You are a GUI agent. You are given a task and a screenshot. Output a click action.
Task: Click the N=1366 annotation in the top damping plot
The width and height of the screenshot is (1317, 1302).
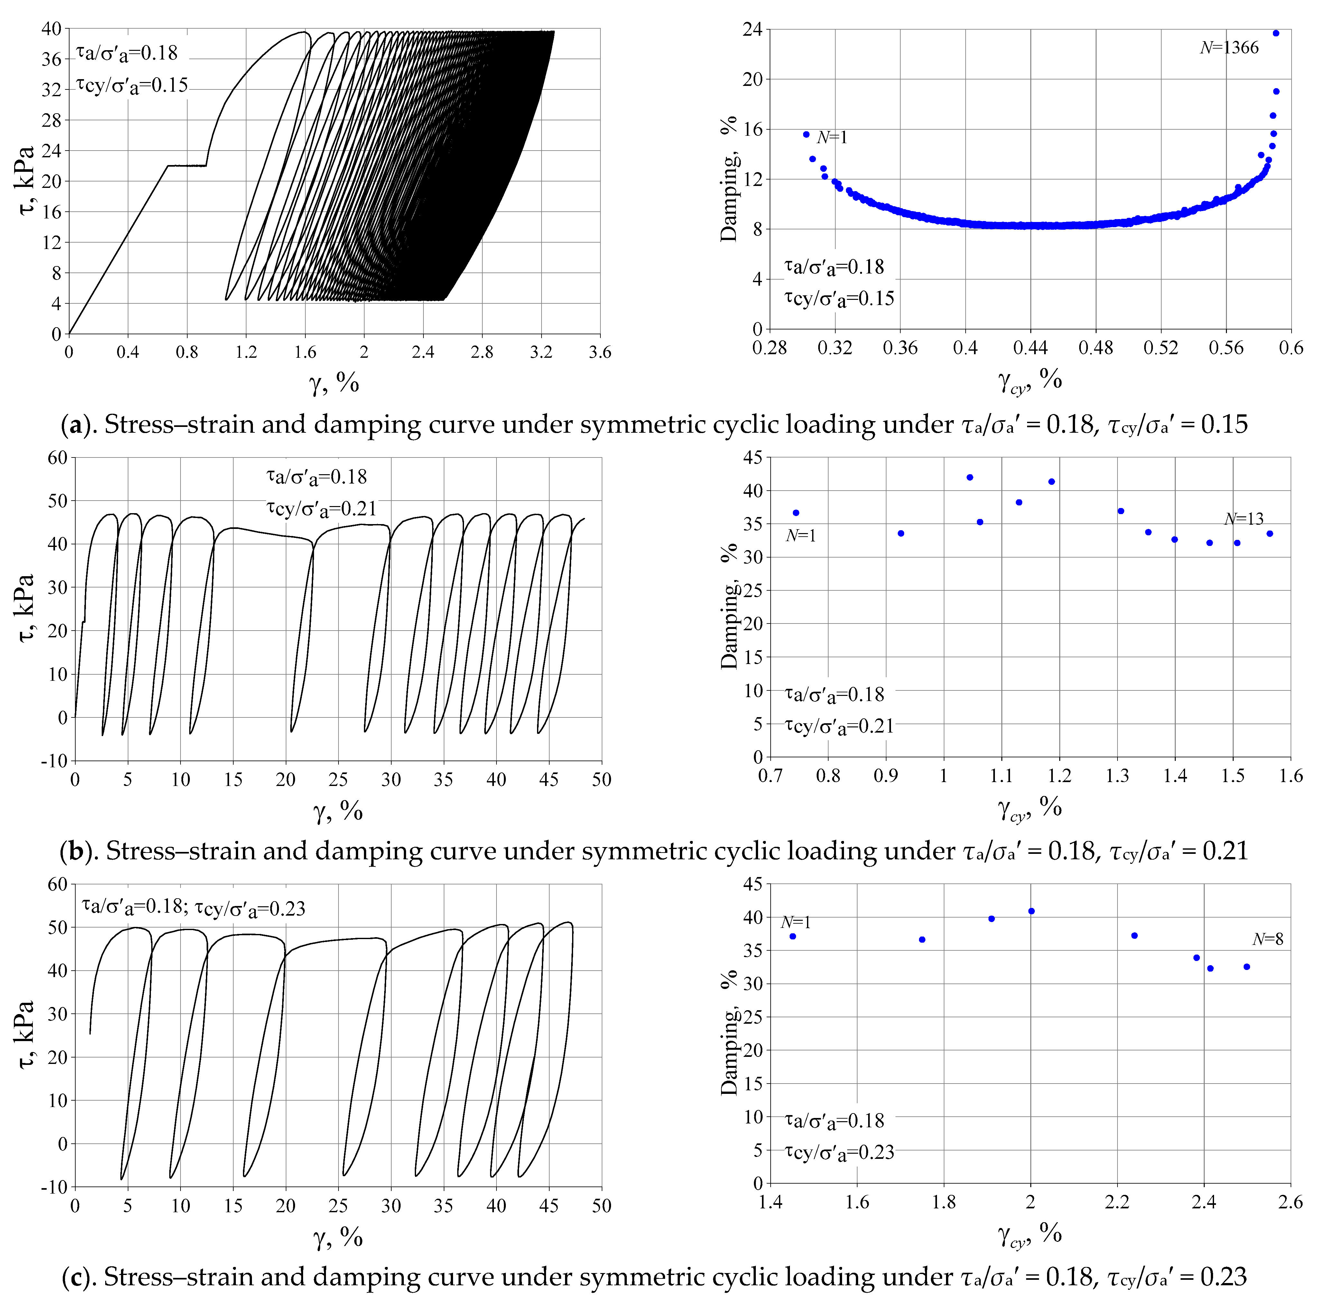click(x=1229, y=48)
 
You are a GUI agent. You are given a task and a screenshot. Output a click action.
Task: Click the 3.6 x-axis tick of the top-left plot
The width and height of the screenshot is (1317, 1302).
click(x=600, y=352)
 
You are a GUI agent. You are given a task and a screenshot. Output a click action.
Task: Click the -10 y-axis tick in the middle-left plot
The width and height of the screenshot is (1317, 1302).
click(x=54, y=761)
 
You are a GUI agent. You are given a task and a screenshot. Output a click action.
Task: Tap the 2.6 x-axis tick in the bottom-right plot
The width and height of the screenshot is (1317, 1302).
click(x=1290, y=1202)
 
